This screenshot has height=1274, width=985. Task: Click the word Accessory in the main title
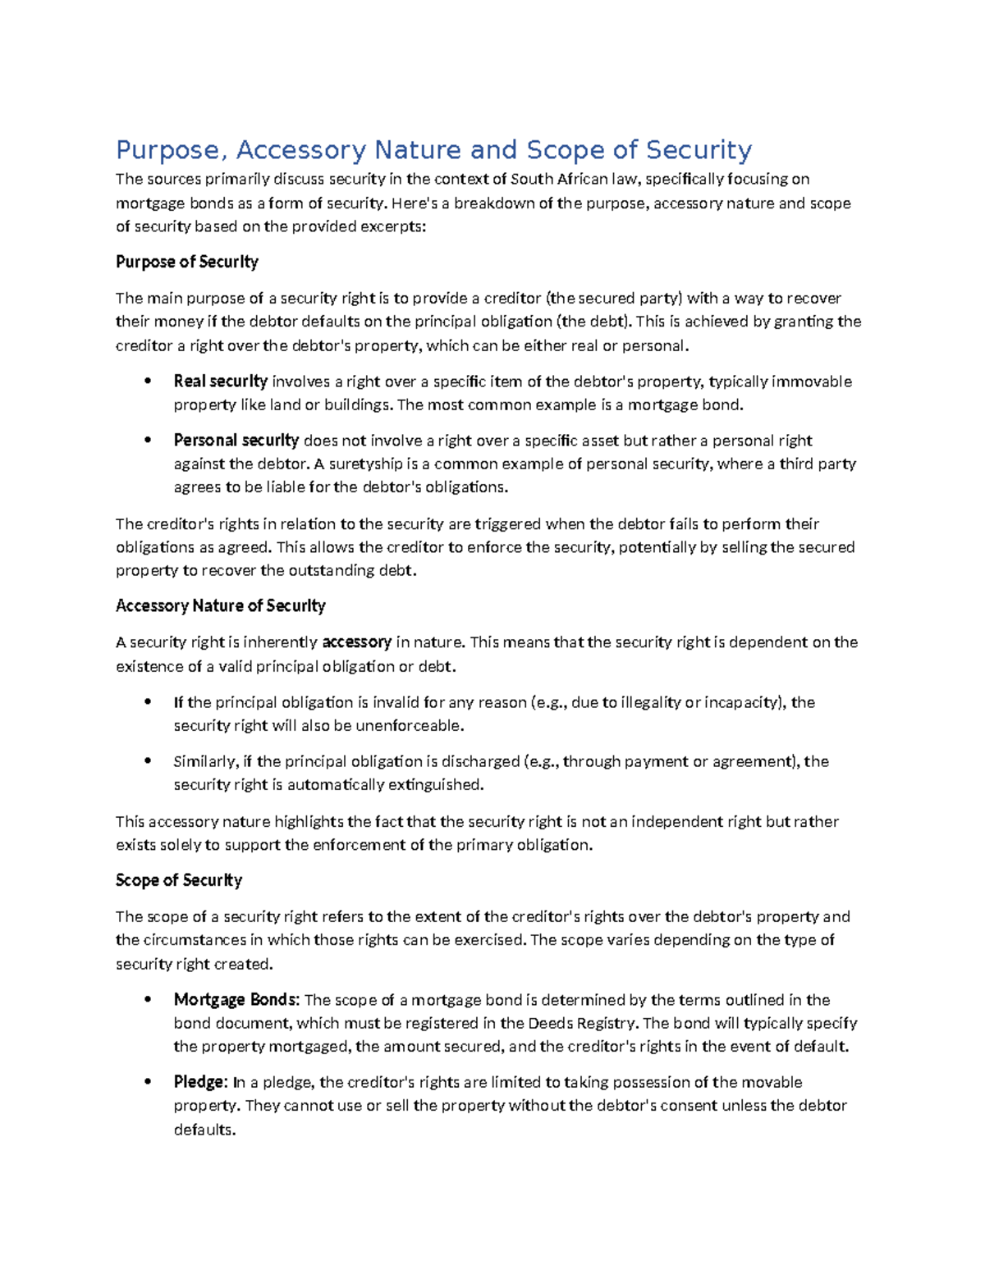click(x=301, y=150)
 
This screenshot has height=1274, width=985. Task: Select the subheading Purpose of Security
click(x=186, y=262)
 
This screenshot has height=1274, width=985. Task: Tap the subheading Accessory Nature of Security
click(x=220, y=605)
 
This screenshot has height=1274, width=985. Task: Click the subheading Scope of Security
click(x=178, y=880)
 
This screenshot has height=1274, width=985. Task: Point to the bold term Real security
click(x=220, y=381)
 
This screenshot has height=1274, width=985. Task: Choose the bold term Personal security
click(x=236, y=441)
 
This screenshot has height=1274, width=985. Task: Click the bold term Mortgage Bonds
click(x=236, y=1000)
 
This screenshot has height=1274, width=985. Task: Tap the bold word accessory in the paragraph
click(x=356, y=642)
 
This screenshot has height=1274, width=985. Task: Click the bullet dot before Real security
click(x=148, y=381)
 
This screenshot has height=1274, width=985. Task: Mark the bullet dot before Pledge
click(x=148, y=1082)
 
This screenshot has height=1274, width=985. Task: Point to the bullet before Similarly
click(x=148, y=761)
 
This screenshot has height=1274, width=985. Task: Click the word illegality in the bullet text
click(x=650, y=702)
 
